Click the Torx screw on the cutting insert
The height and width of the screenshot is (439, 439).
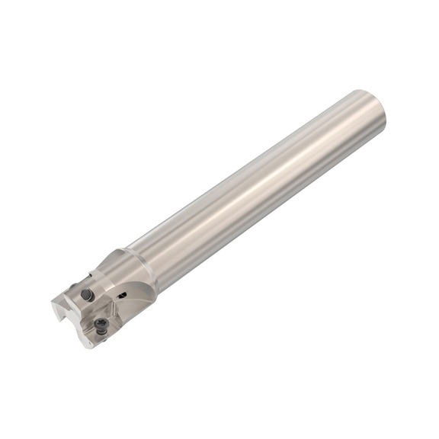(x=102, y=325)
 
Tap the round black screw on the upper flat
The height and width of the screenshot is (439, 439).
(x=88, y=294)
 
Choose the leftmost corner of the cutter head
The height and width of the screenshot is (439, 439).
(x=52, y=305)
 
